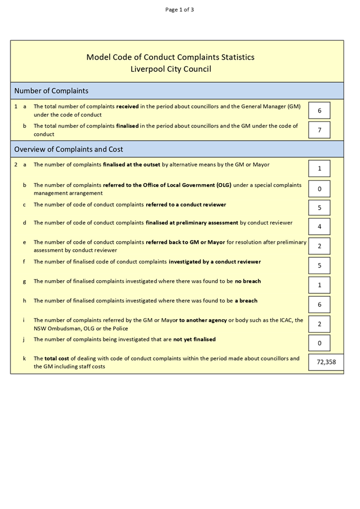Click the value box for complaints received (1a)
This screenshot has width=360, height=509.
(x=319, y=111)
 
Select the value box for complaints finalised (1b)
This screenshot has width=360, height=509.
(x=319, y=130)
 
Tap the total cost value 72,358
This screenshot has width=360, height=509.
(x=326, y=362)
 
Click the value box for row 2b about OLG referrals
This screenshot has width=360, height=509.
(x=319, y=189)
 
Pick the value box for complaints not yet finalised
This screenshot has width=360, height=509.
(x=319, y=343)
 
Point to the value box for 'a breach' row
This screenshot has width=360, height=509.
(x=319, y=304)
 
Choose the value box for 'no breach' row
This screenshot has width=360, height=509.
(x=319, y=285)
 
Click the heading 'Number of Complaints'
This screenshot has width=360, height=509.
(x=51, y=91)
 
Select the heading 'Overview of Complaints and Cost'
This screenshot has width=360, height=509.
(x=68, y=149)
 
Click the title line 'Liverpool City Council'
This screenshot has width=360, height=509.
(x=170, y=69)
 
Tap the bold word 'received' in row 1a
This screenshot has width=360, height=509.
(x=127, y=106)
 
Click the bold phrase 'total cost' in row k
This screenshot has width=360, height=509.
(x=57, y=358)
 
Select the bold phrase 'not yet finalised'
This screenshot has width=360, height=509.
(x=195, y=339)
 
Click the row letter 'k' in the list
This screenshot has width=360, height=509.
(x=24, y=358)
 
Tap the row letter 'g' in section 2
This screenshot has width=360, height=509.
(x=24, y=281)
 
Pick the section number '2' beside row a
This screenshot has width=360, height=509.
(x=16, y=164)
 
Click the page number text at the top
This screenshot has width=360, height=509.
(x=180, y=9)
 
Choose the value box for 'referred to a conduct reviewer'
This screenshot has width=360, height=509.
(x=319, y=208)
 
